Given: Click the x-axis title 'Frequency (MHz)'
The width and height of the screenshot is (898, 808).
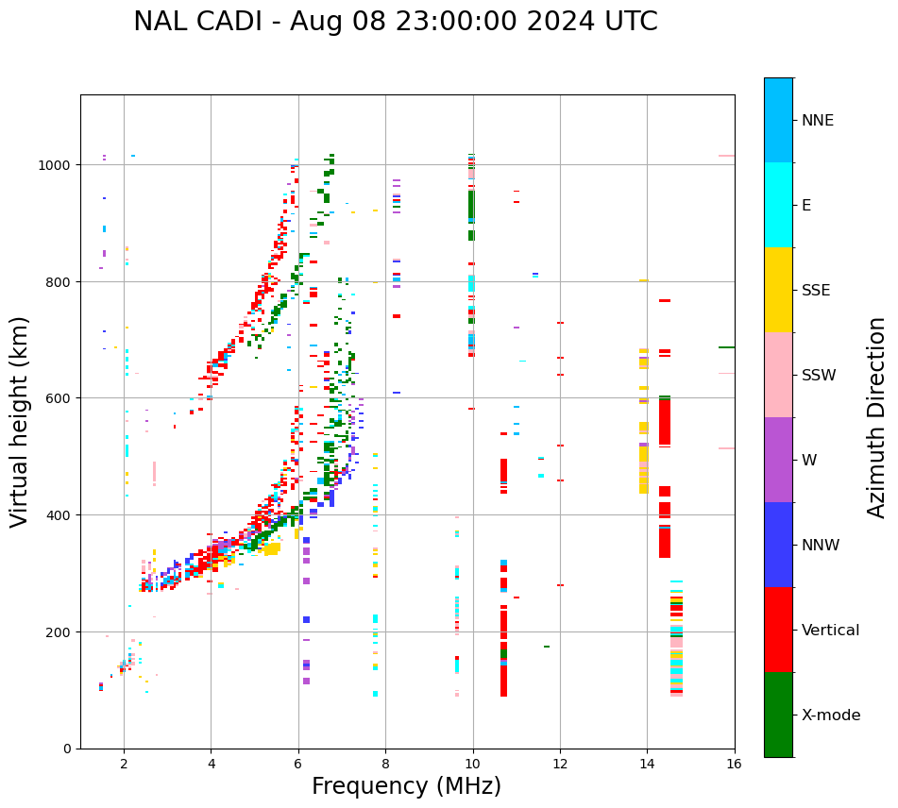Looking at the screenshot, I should pyautogui.click(x=406, y=786).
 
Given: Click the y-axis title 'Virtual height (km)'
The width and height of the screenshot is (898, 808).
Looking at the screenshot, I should pyautogui.click(x=20, y=421).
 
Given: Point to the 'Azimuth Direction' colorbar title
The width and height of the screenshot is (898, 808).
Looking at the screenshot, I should pyautogui.click(x=877, y=417).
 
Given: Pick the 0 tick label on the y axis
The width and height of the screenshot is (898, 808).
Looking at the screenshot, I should pyautogui.click(x=69, y=749).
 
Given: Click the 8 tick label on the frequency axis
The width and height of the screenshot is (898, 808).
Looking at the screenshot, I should pyautogui.click(x=385, y=765).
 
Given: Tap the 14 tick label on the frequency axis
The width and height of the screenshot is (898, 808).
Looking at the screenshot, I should pyautogui.click(x=647, y=765).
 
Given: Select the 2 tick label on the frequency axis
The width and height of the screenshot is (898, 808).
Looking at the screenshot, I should pyautogui.click(x=124, y=765).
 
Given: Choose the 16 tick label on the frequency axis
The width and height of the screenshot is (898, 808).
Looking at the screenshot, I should pyautogui.click(x=734, y=765).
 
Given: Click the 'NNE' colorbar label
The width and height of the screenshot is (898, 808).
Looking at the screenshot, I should pyautogui.click(x=818, y=120).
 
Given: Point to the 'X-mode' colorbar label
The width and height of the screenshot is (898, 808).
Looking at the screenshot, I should pyautogui.click(x=831, y=715).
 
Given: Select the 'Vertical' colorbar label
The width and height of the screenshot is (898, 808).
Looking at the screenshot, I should pyautogui.click(x=831, y=630).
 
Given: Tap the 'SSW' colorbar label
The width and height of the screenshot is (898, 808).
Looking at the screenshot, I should pyautogui.click(x=819, y=375).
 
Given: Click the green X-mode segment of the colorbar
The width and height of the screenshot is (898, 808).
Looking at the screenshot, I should pyautogui.click(x=778, y=715).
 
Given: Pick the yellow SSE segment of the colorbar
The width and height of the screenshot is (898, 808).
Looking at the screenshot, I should pyautogui.click(x=778, y=290).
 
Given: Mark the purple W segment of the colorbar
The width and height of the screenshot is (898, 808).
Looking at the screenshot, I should pyautogui.click(x=778, y=460).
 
